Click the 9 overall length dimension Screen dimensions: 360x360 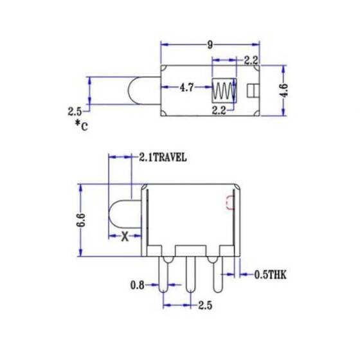(x=210, y=44)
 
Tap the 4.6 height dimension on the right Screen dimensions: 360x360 (x=283, y=89)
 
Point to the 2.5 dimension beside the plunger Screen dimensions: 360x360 (x=75, y=111)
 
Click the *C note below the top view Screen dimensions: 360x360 (x=81, y=125)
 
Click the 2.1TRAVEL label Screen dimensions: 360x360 (x=163, y=156)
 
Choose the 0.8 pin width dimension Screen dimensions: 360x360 (x=137, y=285)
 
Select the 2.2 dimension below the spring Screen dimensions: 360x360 (x=219, y=111)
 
